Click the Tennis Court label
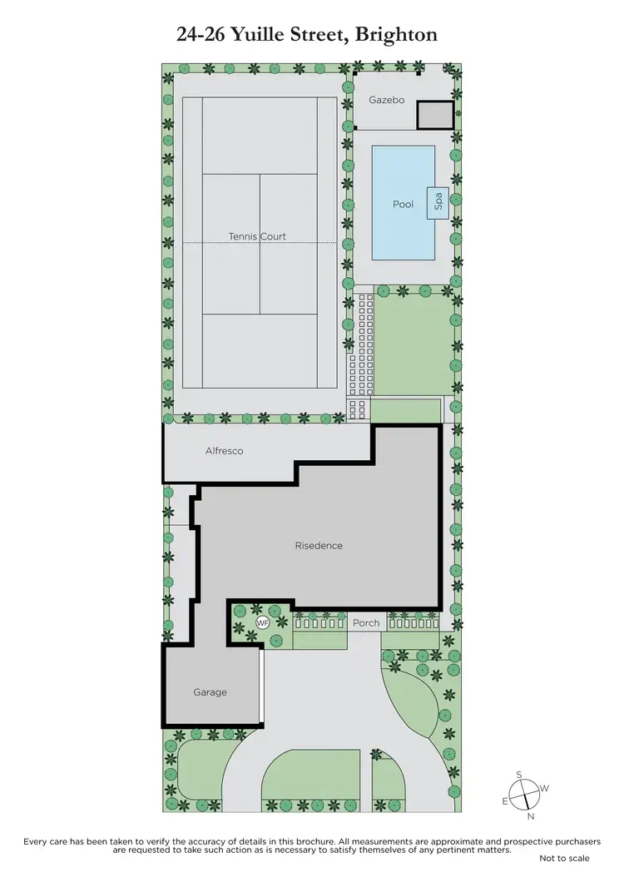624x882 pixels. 257,236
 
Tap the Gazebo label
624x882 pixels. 386,100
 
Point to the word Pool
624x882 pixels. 403,204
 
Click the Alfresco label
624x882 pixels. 225,451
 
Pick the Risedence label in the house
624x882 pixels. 319,546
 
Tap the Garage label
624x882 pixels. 210,692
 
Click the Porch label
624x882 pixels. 366,622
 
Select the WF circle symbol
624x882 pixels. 262,623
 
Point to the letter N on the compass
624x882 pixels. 530,816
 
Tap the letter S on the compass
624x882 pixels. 519,775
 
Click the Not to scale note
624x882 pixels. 564,858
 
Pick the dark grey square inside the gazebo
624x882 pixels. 434,115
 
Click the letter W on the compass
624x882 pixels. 545,788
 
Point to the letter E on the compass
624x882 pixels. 504,801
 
